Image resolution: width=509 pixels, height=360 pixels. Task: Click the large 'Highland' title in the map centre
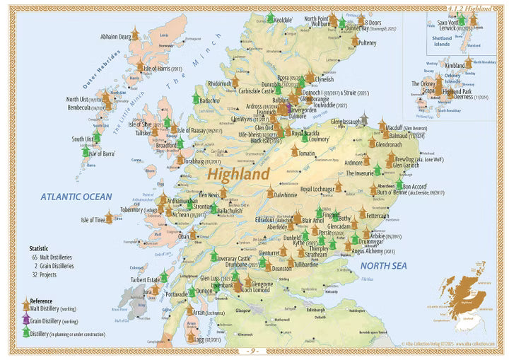click(x=238, y=173)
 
